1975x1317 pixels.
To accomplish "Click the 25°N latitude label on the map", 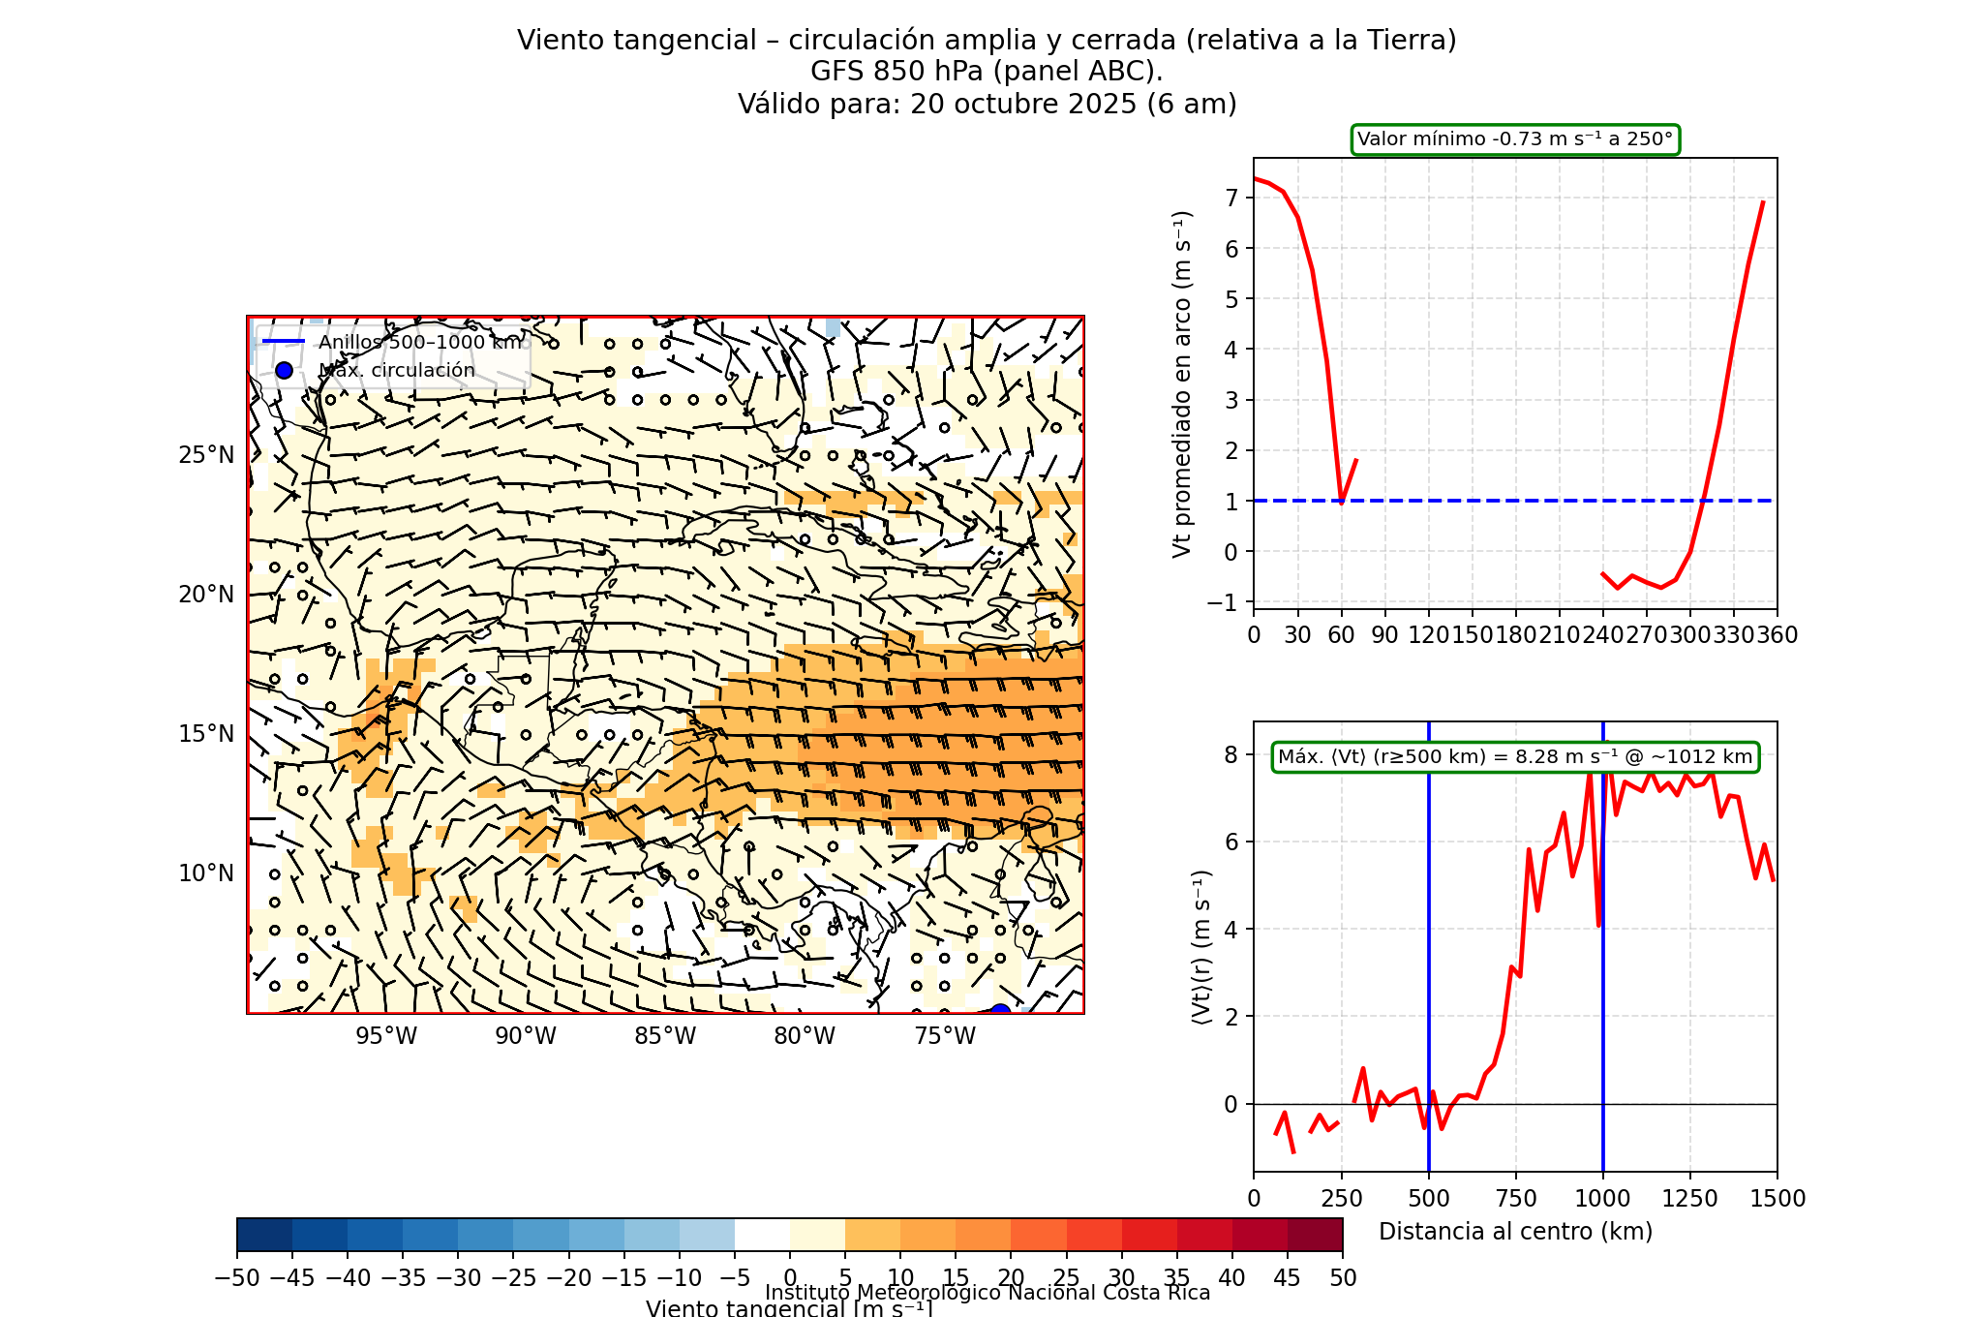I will click(x=206, y=455).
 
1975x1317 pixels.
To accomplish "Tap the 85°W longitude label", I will click(x=665, y=1036).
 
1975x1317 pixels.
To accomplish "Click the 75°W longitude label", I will click(x=945, y=1036).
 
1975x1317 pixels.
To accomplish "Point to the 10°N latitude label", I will click(x=206, y=873).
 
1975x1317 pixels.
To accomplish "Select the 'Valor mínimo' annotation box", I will click(x=1515, y=139).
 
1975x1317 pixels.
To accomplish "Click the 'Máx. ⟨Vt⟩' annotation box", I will click(x=1515, y=757).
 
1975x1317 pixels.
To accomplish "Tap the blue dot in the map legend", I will click(x=284, y=370).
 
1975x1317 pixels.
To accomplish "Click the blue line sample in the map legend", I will click(x=284, y=342).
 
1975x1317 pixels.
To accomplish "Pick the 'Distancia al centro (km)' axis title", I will click(x=1515, y=1232).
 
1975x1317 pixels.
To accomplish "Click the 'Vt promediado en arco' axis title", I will click(x=1182, y=383).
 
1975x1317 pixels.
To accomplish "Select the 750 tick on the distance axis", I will click(x=1516, y=1199).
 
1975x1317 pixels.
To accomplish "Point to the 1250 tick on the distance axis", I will click(x=1690, y=1199).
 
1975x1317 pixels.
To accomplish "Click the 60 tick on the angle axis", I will click(x=1341, y=635).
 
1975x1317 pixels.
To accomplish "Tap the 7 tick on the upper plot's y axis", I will click(x=1231, y=199).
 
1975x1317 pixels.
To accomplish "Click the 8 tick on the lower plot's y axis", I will click(x=1231, y=755).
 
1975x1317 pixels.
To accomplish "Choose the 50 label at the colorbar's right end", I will click(x=1342, y=1278).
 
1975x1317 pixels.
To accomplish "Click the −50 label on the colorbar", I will click(x=237, y=1278).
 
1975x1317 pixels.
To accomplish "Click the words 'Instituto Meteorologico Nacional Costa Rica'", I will click(x=987, y=1293).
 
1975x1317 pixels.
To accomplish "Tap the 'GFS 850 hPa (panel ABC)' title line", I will click(x=987, y=72).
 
